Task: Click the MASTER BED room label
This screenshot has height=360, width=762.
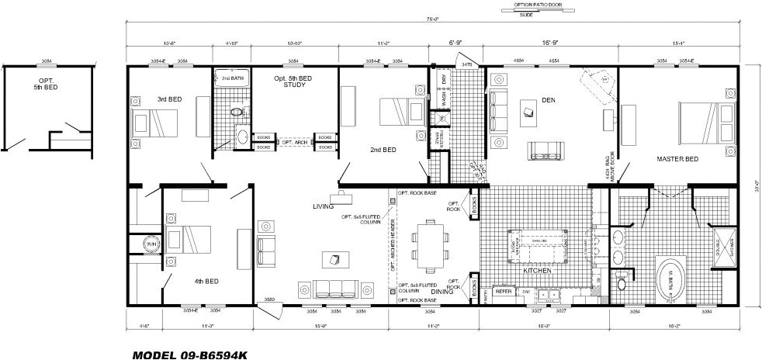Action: coord(677,160)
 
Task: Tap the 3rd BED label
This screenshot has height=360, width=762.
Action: coord(147,99)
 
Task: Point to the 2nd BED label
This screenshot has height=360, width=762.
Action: coord(383,149)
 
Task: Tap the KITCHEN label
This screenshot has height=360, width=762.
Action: coord(536,271)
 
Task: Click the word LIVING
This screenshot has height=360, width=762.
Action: coord(323,207)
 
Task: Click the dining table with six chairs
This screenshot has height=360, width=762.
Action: coord(429,241)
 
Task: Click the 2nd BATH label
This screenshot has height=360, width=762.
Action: coord(232,78)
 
